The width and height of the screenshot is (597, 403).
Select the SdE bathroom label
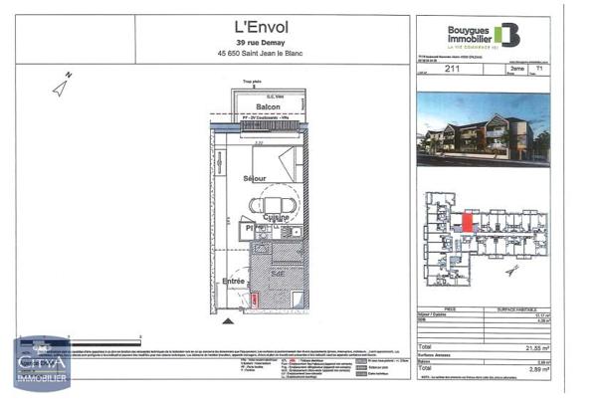[x=281, y=269]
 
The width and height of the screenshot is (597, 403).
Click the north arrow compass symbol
[x=62, y=85]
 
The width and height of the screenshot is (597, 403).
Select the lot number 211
[x=452, y=71]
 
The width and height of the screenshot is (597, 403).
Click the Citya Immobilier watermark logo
[x=41, y=366]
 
